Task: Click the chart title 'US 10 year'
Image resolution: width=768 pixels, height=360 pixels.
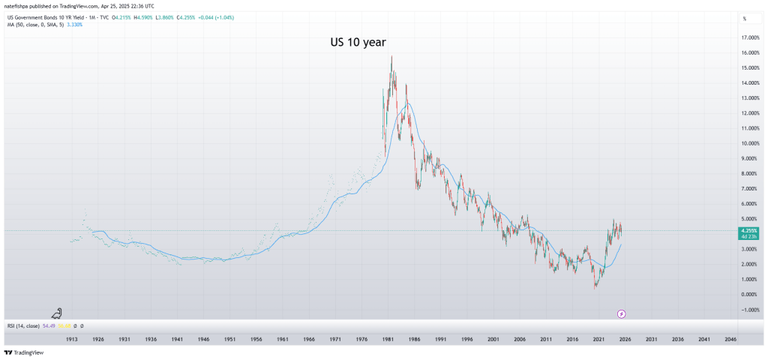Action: click(x=358, y=43)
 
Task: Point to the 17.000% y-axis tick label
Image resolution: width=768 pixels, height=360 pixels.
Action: click(x=750, y=37)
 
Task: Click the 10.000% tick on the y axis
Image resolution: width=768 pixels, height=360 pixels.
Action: click(x=750, y=143)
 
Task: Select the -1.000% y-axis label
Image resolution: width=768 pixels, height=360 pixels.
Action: click(x=749, y=310)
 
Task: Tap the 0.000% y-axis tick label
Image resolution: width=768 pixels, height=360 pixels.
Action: click(x=750, y=295)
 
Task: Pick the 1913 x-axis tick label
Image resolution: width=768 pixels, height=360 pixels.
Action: click(x=72, y=340)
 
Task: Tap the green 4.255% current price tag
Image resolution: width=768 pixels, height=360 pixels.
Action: click(x=749, y=232)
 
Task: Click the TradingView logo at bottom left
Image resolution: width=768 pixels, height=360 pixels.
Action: click(x=23, y=352)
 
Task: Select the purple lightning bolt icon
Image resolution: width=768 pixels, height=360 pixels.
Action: click(x=621, y=313)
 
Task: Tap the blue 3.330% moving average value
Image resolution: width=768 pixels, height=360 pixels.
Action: click(x=73, y=25)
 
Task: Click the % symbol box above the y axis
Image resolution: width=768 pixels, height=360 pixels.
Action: click(x=745, y=18)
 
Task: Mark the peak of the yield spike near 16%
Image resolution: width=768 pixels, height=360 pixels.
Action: click(x=391, y=55)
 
